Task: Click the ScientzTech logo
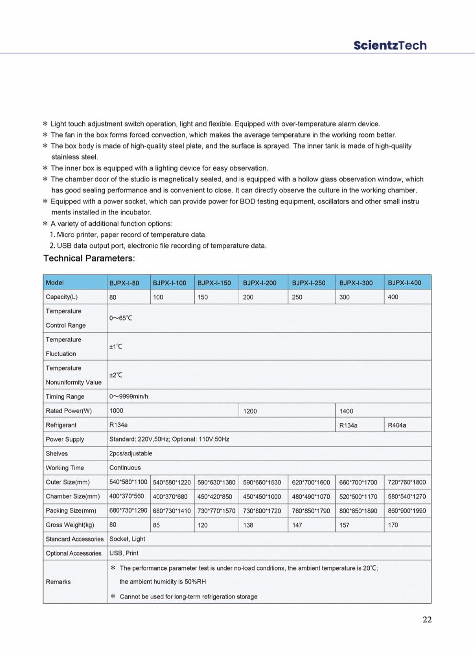390,45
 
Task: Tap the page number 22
427,619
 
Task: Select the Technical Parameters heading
89,259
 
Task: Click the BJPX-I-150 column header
214,283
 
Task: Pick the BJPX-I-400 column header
404,283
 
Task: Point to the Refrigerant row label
61,425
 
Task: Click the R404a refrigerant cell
397,425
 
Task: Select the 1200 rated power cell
250,411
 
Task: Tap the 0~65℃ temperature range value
121,318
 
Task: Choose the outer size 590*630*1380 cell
216,483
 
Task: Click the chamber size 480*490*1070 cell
311,497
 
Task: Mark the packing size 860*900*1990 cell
407,511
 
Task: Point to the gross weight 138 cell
248,525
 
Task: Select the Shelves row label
57,453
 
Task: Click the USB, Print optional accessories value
124,553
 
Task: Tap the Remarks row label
58,582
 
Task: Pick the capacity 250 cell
297,297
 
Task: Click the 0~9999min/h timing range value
129,396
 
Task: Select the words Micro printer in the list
77,235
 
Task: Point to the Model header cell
55,283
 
